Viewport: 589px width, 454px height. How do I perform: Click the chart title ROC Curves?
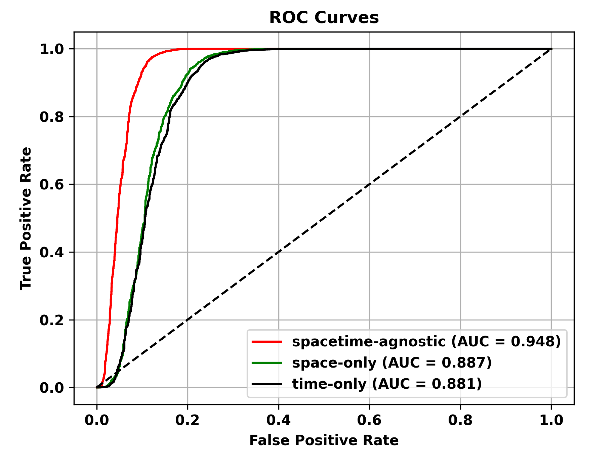pyautogui.click(x=324, y=18)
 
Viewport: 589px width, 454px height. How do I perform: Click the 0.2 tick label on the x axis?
pyautogui.click(x=187, y=420)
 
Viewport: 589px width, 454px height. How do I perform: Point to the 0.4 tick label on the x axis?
pyautogui.click(x=278, y=420)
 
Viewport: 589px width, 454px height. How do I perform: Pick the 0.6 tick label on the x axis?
pyautogui.click(x=369, y=420)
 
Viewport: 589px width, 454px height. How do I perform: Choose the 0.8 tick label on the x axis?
pyautogui.click(x=460, y=420)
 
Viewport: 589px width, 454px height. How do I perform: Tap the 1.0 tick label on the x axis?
pyautogui.click(x=551, y=420)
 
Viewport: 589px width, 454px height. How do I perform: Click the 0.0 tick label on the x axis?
pyautogui.click(x=97, y=420)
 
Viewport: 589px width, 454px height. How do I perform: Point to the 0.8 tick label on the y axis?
pyautogui.click(x=52, y=117)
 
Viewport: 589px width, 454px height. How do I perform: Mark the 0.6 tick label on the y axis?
pyautogui.click(x=52, y=184)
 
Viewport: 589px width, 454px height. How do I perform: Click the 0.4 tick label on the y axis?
pyautogui.click(x=52, y=252)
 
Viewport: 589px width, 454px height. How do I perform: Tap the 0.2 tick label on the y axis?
pyautogui.click(x=52, y=320)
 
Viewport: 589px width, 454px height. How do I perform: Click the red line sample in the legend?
pyautogui.click(x=267, y=341)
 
